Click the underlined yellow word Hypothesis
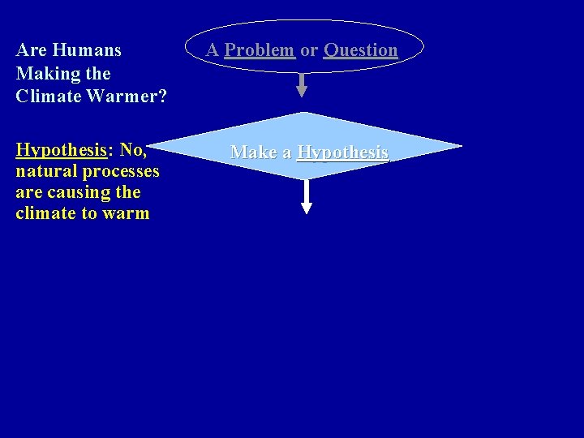click(x=61, y=150)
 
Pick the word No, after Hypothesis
click(x=133, y=150)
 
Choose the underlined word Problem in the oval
click(x=260, y=50)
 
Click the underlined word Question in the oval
click(x=361, y=50)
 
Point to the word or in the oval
click(x=309, y=50)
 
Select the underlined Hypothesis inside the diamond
click(x=343, y=152)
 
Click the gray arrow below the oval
click(x=302, y=85)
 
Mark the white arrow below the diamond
click(x=307, y=197)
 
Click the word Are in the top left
click(x=31, y=50)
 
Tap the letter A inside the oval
click(x=213, y=50)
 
